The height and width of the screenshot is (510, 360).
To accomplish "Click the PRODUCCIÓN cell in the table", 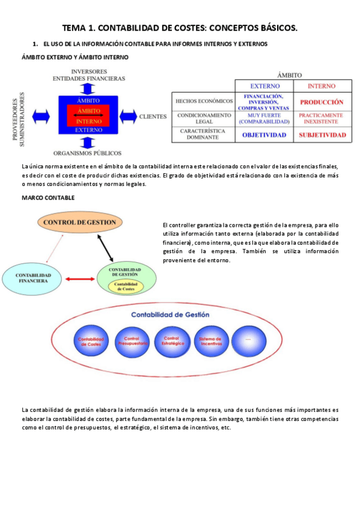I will tap(322, 102).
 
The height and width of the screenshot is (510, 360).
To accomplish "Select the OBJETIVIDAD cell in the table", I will tap(264, 135).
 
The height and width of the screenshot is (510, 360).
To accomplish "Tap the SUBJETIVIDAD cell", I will tap(322, 135).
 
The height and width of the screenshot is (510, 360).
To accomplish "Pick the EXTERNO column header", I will tap(264, 86).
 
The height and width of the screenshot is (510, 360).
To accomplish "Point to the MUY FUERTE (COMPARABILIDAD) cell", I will tap(264, 118).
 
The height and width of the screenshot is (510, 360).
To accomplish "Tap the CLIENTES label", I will tap(153, 116).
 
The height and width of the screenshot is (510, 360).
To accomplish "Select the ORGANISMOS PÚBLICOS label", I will tap(87, 153).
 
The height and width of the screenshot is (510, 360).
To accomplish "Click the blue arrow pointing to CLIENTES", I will tap(128, 115).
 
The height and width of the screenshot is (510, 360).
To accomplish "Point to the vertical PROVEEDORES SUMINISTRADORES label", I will tap(19, 117).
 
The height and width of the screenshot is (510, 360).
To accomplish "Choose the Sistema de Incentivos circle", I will tap(211, 341).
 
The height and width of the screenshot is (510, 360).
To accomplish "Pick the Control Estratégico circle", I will tap(171, 341).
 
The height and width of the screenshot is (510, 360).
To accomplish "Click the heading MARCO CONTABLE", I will tap(47, 197).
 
